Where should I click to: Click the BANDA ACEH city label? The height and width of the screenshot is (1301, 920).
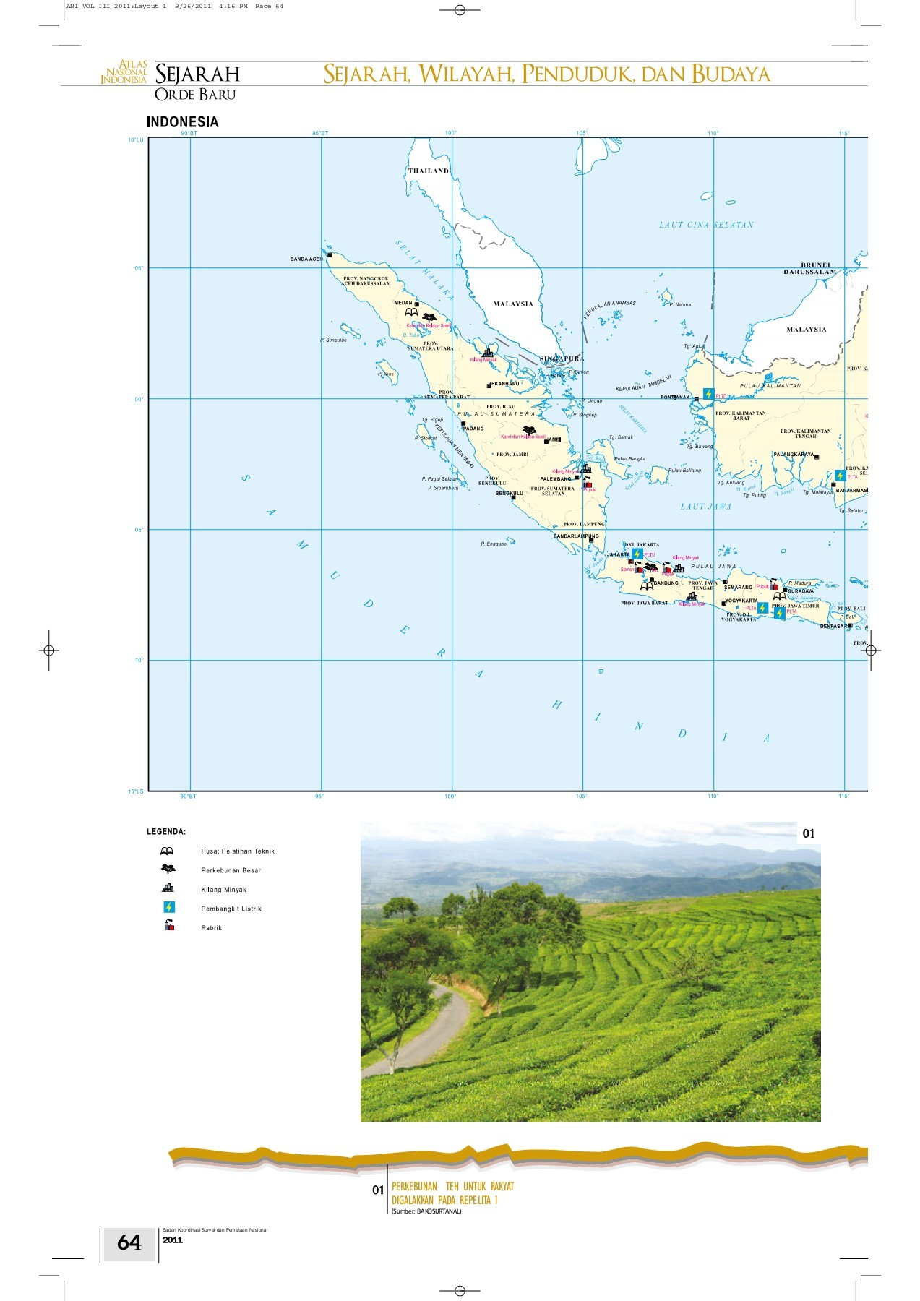tap(306, 259)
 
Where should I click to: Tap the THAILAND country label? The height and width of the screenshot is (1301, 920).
tap(428, 171)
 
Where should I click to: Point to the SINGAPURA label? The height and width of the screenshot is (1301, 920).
tap(562, 358)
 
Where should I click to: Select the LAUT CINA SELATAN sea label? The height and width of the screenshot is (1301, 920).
tap(706, 225)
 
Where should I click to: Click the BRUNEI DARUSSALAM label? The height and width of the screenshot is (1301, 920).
tap(811, 269)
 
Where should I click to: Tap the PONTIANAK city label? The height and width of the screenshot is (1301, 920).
tap(675, 398)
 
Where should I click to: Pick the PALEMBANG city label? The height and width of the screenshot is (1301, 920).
tap(556, 479)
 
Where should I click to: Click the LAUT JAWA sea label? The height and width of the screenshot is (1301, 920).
tap(705, 507)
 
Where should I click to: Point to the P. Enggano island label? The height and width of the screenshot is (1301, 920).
tap(494, 544)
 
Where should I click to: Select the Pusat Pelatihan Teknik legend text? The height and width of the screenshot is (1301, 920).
tap(238, 851)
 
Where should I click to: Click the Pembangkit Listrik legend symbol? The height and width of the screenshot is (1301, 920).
tap(168, 907)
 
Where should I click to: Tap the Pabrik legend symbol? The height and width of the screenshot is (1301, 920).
tap(169, 926)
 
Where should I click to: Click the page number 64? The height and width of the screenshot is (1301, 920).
tap(129, 1242)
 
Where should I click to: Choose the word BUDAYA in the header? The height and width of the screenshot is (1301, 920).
tap(731, 74)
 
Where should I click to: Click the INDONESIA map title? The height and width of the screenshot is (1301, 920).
tap(182, 122)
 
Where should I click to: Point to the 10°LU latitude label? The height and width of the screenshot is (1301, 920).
tap(136, 140)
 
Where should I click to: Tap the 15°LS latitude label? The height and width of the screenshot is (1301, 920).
tap(136, 791)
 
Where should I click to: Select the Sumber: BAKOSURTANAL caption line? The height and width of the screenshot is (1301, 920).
tap(426, 1211)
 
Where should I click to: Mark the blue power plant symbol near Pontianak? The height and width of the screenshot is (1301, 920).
tap(708, 394)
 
